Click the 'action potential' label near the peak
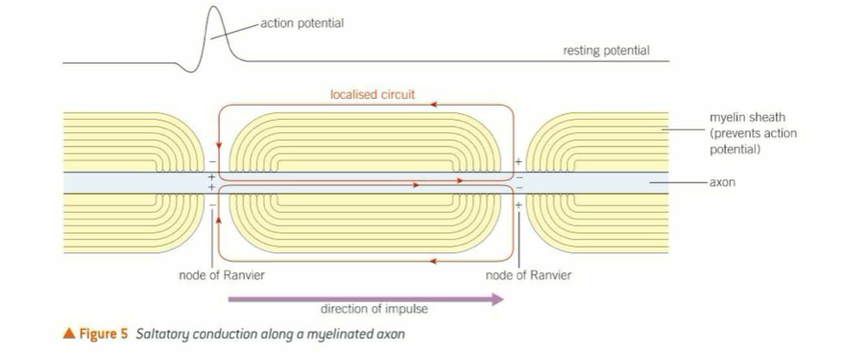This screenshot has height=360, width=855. pyautogui.click(x=302, y=23)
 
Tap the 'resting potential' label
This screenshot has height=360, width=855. pyautogui.click(x=606, y=51)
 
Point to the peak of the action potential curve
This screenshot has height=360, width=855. pyautogui.click(x=214, y=8)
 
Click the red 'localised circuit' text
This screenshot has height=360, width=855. pyautogui.click(x=372, y=95)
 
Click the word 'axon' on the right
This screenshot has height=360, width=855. pyautogui.click(x=723, y=183)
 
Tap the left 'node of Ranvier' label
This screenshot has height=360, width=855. pyautogui.click(x=222, y=275)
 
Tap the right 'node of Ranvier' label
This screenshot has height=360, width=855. pyautogui.click(x=529, y=275)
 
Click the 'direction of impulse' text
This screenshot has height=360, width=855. pyautogui.click(x=374, y=309)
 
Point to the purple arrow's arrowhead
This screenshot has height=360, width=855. pyautogui.click(x=497, y=298)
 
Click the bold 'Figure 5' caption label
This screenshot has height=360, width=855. pyautogui.click(x=102, y=335)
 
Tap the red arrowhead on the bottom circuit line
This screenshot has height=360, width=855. pyautogui.click(x=433, y=261)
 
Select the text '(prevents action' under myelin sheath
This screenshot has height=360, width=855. pyautogui.click(x=753, y=133)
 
